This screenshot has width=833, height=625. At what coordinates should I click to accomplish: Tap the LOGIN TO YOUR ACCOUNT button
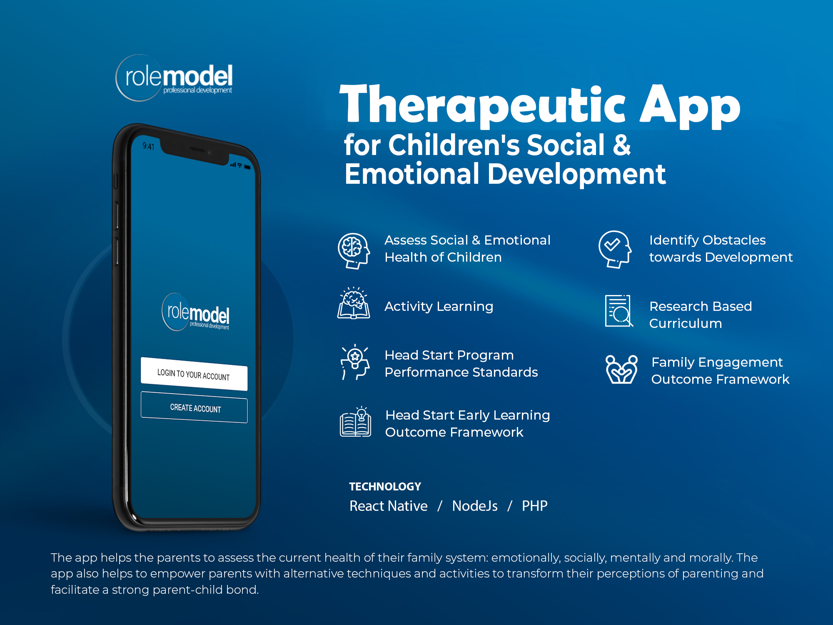[194, 374]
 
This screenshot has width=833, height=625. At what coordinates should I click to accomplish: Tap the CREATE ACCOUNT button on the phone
[194, 407]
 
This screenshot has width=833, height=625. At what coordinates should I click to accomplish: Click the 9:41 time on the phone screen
[148, 146]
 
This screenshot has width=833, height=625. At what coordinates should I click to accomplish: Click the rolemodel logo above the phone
[174, 78]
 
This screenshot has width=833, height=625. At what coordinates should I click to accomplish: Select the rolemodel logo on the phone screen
[195, 312]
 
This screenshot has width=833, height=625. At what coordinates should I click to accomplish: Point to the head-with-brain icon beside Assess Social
[354, 251]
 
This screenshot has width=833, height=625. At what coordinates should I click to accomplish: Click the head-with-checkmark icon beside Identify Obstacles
[615, 249]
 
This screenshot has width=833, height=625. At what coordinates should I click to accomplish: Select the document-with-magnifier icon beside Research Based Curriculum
[619, 311]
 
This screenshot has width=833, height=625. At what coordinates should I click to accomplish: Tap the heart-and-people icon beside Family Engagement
[621, 369]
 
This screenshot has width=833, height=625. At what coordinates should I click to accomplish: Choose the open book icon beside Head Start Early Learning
[355, 422]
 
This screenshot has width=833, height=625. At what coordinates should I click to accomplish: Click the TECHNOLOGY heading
[385, 487]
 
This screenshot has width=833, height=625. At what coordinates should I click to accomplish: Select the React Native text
[389, 506]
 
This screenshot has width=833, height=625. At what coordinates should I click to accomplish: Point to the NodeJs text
[475, 506]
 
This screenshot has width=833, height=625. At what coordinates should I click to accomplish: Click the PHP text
[535, 506]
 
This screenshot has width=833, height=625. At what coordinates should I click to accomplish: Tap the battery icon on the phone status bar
[247, 167]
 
